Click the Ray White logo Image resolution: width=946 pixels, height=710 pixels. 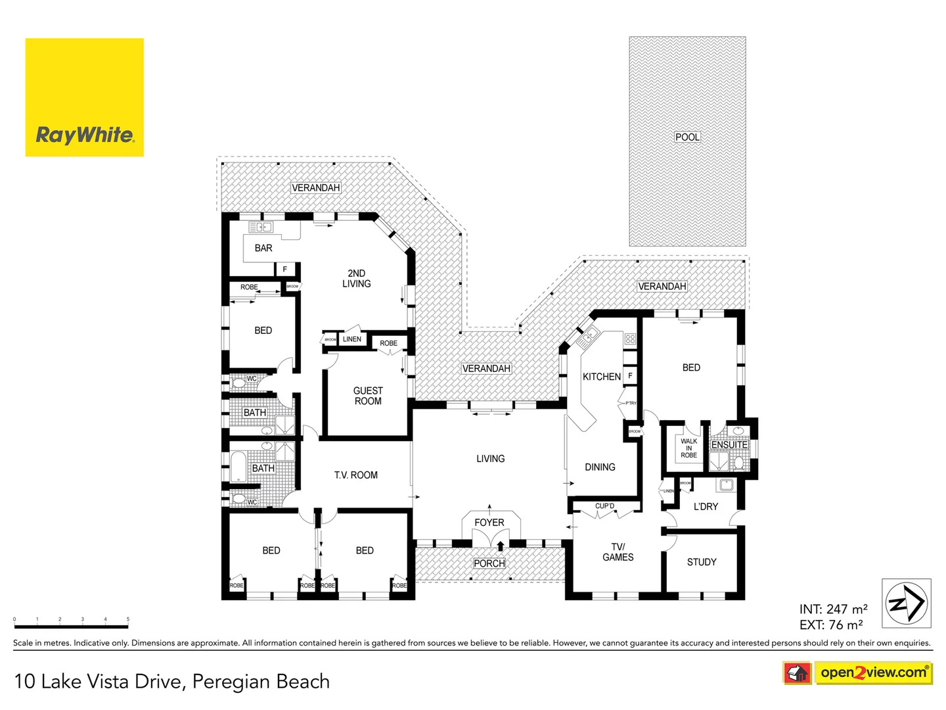(x=84, y=97)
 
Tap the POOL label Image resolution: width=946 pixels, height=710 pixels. (x=687, y=137)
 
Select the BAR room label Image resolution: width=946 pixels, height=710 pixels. (x=263, y=248)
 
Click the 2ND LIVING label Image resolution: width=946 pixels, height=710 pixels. (x=356, y=278)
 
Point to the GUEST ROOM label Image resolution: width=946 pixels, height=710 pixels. (x=368, y=396)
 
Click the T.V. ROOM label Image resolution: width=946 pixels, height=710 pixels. (x=355, y=475)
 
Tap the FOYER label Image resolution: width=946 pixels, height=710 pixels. (x=489, y=522)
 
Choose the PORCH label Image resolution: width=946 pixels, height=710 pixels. (x=489, y=563)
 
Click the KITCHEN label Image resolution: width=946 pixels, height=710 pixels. (x=601, y=377)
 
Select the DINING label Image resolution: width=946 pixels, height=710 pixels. (x=600, y=467)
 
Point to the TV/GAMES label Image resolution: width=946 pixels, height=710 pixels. (x=618, y=552)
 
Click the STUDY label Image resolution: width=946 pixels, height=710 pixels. (x=702, y=562)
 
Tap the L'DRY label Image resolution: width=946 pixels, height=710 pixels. (x=706, y=506)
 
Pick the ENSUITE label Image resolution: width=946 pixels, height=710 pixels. (x=729, y=444)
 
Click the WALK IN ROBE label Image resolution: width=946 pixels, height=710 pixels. (x=688, y=448)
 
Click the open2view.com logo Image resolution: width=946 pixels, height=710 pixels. (x=873, y=673)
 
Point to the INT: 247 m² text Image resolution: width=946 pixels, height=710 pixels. (x=833, y=609)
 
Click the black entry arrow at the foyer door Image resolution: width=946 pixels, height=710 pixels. (x=501, y=545)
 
